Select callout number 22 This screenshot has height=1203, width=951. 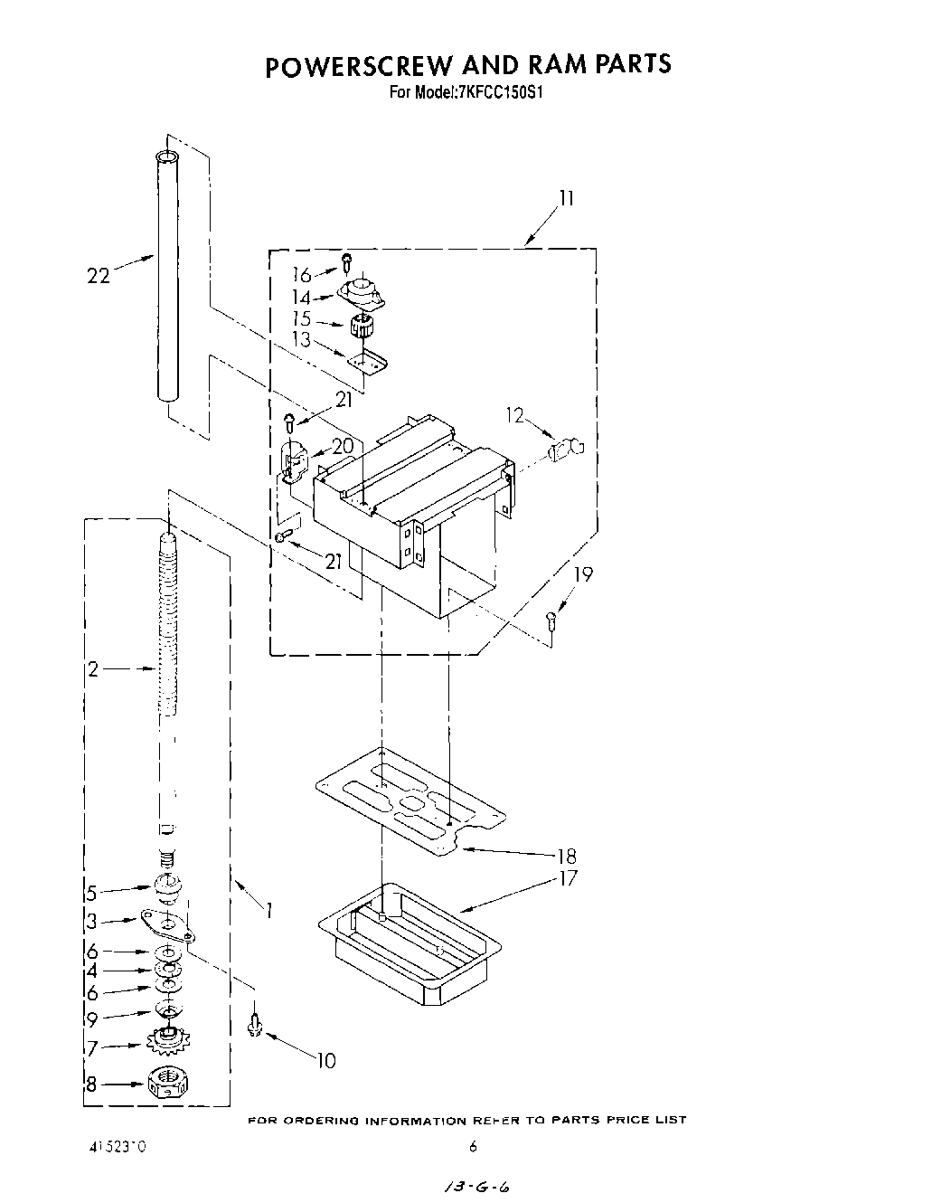(x=98, y=276)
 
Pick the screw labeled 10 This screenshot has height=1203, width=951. (x=255, y=1024)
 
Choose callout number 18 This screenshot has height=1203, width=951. (x=567, y=855)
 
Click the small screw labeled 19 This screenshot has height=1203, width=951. (x=551, y=620)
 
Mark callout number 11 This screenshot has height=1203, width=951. (x=567, y=198)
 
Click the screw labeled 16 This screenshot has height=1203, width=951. (x=346, y=262)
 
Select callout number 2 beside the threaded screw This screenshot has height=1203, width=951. (x=93, y=669)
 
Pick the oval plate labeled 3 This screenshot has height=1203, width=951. (x=167, y=925)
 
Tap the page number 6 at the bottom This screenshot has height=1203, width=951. (x=473, y=1147)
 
